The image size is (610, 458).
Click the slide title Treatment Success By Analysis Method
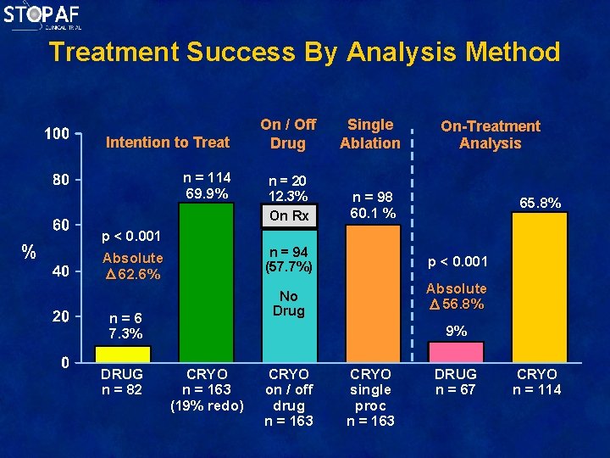click(304, 52)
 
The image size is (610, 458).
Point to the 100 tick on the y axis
click(57, 134)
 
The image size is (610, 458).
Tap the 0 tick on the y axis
click(65, 363)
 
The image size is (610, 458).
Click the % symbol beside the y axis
click(28, 252)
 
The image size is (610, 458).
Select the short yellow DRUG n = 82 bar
click(122, 354)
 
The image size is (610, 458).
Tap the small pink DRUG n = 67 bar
click(456, 352)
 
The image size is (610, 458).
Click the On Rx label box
click(289, 215)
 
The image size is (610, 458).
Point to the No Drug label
click(289, 304)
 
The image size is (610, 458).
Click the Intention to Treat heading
click(167, 142)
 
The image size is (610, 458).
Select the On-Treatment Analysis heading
click(490, 135)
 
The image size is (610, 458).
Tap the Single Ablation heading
click(370, 134)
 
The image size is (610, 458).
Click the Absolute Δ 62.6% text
click(132, 266)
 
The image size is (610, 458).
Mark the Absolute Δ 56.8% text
click(457, 296)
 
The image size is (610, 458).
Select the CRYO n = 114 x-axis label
click(537, 382)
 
